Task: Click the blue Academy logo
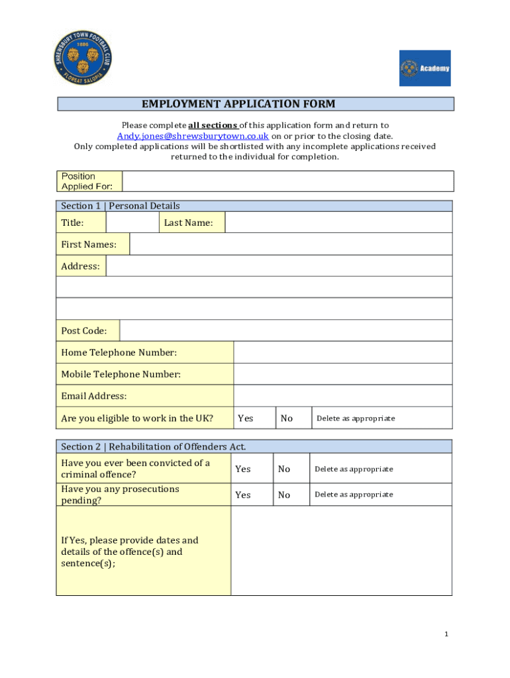point(425,68)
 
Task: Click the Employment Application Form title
point(238,104)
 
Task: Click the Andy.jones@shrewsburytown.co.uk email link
point(193,136)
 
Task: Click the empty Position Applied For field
point(287,181)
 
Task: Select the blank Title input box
point(132,222)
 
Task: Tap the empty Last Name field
point(338,222)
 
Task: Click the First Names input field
point(291,244)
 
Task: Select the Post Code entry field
point(285,330)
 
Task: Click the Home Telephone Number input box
point(343,353)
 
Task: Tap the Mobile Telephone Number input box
point(343,374)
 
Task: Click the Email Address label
point(94,396)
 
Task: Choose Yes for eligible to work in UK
point(246,418)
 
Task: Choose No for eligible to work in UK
point(287,418)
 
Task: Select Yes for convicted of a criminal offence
point(243,469)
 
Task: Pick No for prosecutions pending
point(284,495)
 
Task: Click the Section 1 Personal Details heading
point(121,206)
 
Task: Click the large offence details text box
point(341,550)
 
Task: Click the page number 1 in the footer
point(446,634)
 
